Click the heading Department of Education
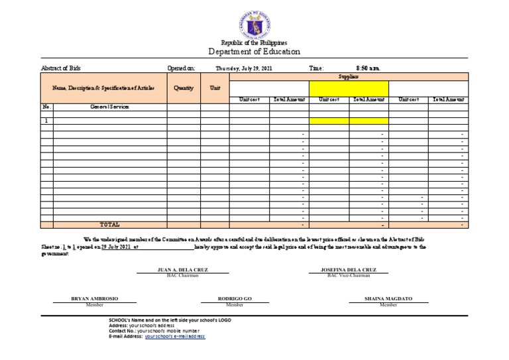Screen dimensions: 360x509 pos(254,52)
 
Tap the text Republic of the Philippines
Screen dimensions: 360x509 pos(254,42)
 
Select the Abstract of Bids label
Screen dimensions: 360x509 pos(61,68)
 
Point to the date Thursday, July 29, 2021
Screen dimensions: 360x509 pos(243,68)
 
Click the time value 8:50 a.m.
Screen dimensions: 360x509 pos(368,68)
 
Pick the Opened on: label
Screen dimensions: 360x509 pos(181,68)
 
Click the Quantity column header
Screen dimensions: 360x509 pos(184,88)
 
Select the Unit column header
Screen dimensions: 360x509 pos(215,88)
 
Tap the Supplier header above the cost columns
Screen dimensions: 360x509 pos(349,77)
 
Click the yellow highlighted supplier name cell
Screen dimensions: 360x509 pos(349,88)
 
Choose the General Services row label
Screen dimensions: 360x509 pos(109,107)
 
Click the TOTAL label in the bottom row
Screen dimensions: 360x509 pos(109,225)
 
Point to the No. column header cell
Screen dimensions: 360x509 pos(46,107)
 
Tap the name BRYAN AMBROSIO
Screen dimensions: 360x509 pos(94,299)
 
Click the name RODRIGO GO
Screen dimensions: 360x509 pos(235,299)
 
